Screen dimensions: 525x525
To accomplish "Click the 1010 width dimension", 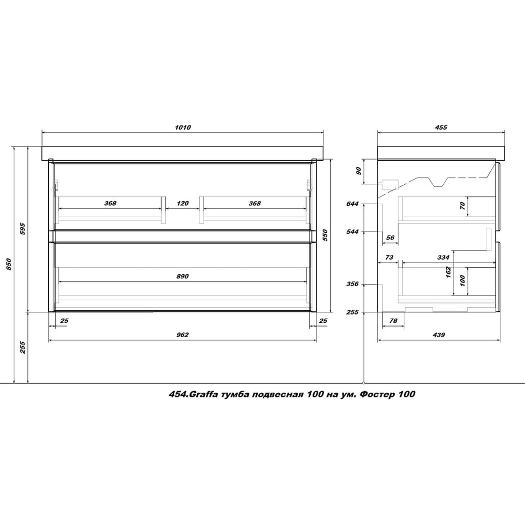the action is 183,127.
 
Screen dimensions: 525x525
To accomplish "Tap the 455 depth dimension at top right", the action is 441,127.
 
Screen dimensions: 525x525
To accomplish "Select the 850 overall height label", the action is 9,265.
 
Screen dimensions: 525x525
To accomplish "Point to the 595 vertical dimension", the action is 23,228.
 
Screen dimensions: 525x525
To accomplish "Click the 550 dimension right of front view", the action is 325,235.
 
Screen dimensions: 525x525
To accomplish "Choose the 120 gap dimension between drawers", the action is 183,203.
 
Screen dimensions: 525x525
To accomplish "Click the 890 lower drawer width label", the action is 183,276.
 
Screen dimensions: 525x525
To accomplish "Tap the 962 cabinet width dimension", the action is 183,334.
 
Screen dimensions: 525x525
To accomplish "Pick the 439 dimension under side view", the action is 438,334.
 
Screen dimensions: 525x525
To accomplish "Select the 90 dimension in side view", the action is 359,171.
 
